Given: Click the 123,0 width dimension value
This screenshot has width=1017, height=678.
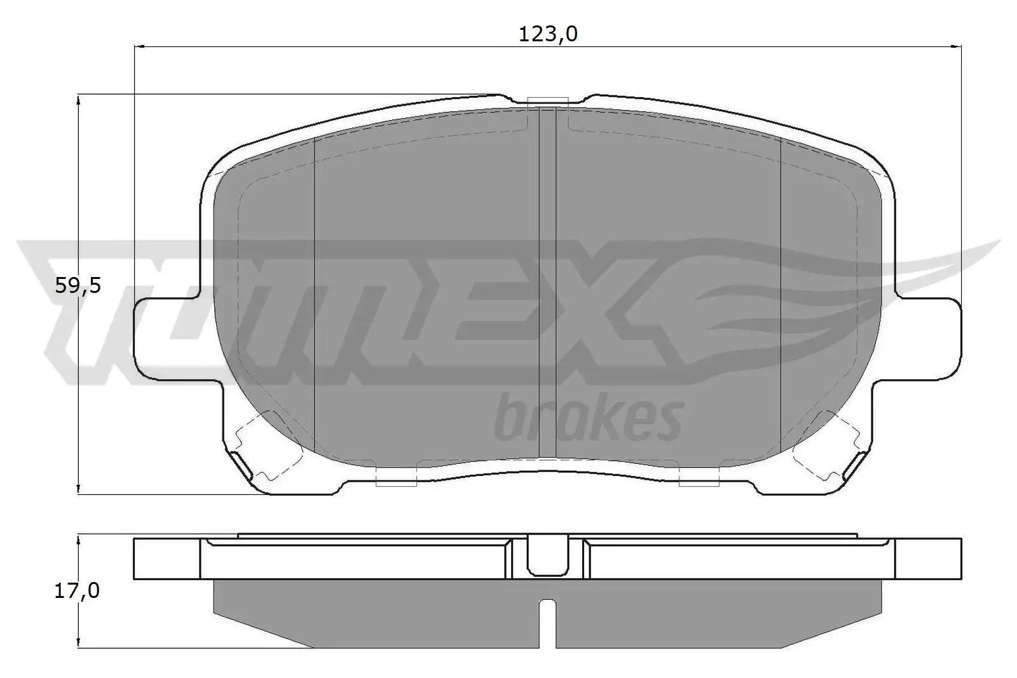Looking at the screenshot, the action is tap(548, 34).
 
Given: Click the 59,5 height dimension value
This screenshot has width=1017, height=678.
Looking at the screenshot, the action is tap(78, 286).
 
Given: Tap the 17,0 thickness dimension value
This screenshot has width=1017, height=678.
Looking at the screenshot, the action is tap(77, 591).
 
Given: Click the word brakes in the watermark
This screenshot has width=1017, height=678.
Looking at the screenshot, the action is tap(589, 418).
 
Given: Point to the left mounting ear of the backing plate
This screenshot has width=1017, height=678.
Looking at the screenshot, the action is tap(168, 339).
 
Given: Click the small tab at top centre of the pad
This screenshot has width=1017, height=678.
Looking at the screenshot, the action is tap(548, 102).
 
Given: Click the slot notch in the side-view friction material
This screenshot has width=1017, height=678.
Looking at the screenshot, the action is tap(547, 623).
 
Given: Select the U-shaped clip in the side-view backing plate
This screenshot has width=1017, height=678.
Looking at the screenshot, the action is tap(548, 555).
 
